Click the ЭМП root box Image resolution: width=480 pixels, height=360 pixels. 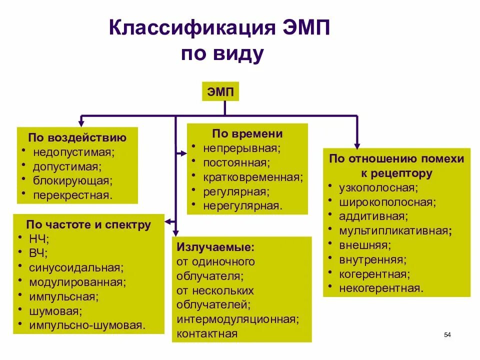click(x=220, y=91)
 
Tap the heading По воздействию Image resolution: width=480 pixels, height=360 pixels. click(x=77, y=137)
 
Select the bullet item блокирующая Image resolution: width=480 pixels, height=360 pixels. click(x=72, y=180)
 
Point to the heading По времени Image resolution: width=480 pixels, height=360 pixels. click(x=247, y=134)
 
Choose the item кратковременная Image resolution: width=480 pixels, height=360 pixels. click(x=253, y=177)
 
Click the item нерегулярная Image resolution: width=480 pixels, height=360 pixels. click(x=242, y=205)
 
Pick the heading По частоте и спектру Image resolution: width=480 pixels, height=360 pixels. click(x=88, y=224)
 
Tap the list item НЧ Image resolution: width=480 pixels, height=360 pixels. click(x=39, y=238)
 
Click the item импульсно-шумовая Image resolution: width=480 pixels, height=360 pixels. click(x=87, y=325)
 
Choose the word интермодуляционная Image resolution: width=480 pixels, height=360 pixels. click(x=237, y=318)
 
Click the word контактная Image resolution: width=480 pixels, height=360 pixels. click(x=207, y=333)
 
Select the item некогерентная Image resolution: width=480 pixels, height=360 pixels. click(x=381, y=288)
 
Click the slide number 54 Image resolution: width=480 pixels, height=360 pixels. click(x=447, y=334)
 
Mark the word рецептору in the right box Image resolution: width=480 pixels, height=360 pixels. click(x=404, y=173)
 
